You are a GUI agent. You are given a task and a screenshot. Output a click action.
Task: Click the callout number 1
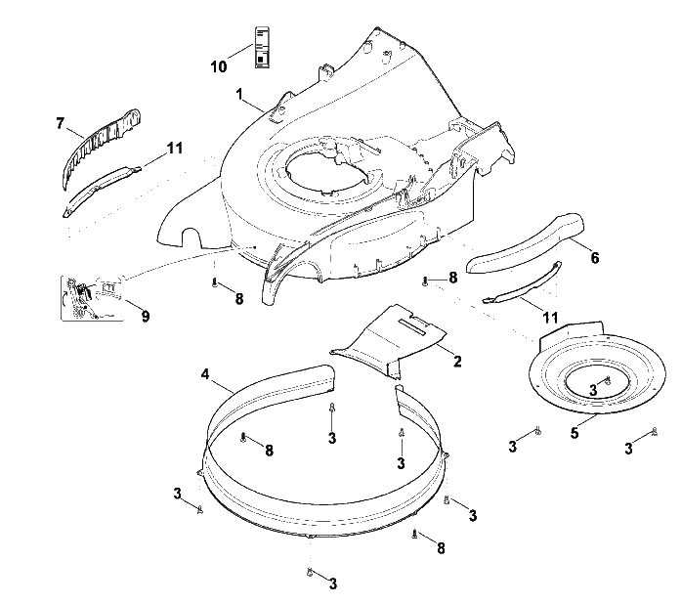pyautogui.click(x=239, y=94)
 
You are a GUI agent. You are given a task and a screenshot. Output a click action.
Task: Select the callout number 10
pyautogui.click(x=219, y=66)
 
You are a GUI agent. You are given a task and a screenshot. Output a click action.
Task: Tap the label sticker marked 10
pyautogui.click(x=262, y=47)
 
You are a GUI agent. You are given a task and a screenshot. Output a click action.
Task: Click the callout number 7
pyautogui.click(x=60, y=123)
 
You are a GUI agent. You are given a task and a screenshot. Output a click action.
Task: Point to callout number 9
pyautogui.click(x=146, y=316)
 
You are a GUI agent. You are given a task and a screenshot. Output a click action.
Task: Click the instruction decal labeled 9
pyautogui.click(x=92, y=298)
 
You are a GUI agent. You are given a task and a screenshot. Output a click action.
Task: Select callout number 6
pyautogui.click(x=595, y=258)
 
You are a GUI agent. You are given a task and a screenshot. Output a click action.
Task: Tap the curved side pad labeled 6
pyautogui.click(x=524, y=243)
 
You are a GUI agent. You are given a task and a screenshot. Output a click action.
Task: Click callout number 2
pyautogui.click(x=457, y=361)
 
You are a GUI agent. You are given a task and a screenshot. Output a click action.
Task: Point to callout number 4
pyautogui.click(x=205, y=373)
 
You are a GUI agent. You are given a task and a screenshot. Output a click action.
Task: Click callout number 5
pyautogui.click(x=575, y=433)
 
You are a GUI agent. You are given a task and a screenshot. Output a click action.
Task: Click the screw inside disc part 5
pyautogui.click(x=608, y=381)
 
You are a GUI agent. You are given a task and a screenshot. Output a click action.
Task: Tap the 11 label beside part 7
pyautogui.click(x=175, y=148)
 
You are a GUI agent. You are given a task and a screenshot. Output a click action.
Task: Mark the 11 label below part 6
pyautogui.click(x=550, y=318)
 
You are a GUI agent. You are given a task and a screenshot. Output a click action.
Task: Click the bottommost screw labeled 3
pyautogui.click(x=310, y=573)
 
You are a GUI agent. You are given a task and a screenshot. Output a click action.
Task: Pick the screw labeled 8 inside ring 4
pyautogui.click(x=243, y=437)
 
